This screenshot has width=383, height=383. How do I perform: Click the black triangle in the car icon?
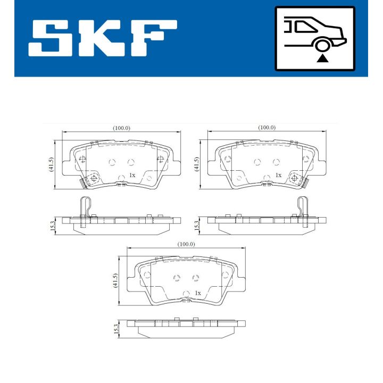pyautogui.click(x=322, y=58)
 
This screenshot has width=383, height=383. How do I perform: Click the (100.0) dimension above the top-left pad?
pyautogui.click(x=121, y=128)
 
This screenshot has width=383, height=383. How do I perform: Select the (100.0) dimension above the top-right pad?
pyautogui.click(x=267, y=128)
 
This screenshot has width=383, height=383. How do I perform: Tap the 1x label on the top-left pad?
pyautogui.click(x=132, y=175)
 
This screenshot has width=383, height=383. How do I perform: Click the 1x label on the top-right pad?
pyautogui.click(x=278, y=175)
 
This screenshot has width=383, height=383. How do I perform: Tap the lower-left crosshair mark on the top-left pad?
pyautogui.click(x=93, y=178)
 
